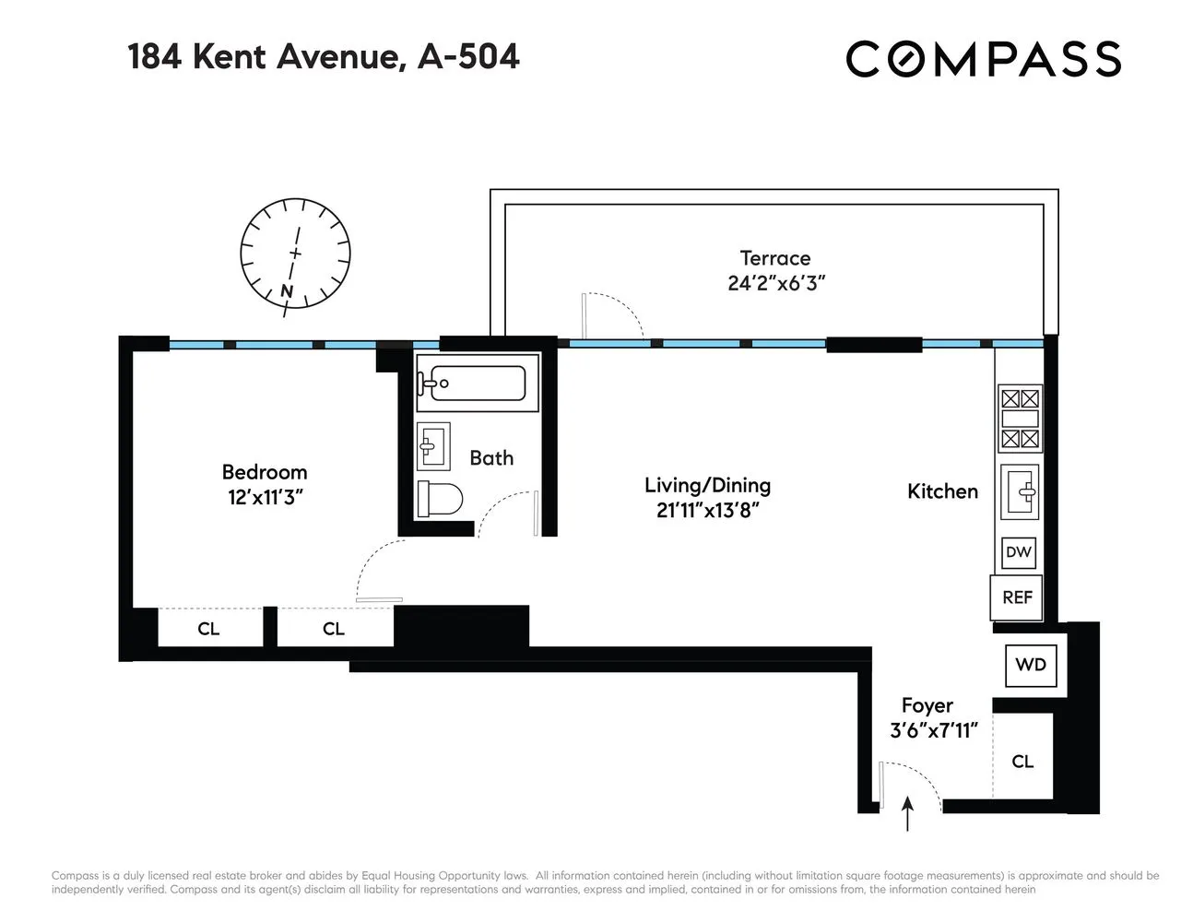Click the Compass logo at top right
point(983,59)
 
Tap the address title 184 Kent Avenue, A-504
point(324,56)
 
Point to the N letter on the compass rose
point(287,292)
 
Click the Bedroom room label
point(265,472)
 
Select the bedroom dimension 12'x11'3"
point(266,498)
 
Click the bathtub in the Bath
point(471,383)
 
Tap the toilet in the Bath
point(439,499)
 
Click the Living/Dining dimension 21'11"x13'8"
point(707,510)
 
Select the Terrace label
point(775,258)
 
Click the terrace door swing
point(613,313)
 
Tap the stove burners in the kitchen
point(1020,419)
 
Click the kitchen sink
point(1022,490)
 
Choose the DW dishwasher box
point(1018,552)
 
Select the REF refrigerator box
point(1017,597)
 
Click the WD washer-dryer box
point(1031,664)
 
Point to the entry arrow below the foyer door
point(908,815)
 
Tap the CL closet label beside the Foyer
point(1022,762)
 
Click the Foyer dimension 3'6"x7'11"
point(933,731)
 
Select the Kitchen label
point(942,491)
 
